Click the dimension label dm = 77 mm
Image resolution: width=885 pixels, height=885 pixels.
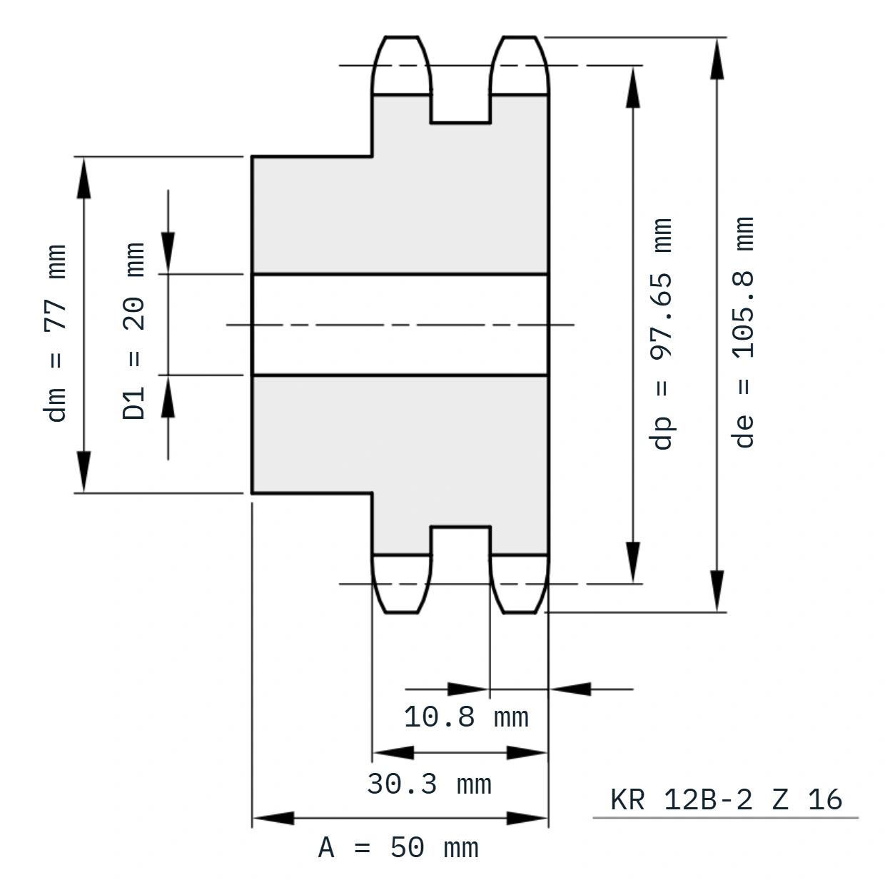tap(55, 333)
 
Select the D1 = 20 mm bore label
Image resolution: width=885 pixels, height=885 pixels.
tap(133, 331)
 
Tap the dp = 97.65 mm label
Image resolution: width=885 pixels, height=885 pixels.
tap(660, 334)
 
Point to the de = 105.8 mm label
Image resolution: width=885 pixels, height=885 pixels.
tap(743, 333)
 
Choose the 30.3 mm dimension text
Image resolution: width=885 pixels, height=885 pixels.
tap(429, 784)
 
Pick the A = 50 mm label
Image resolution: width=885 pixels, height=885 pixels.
tap(398, 847)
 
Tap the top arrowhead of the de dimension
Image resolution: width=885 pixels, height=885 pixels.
tap(717, 59)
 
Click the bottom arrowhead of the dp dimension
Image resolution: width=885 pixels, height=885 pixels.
tap(633, 562)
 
